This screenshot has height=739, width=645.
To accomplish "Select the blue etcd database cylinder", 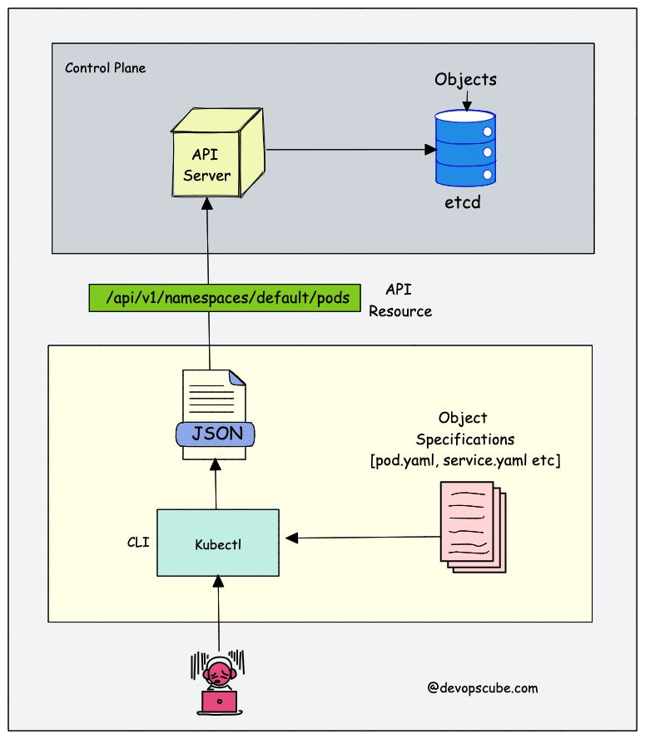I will tap(465, 150).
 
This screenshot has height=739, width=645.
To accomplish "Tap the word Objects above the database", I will tap(465, 80).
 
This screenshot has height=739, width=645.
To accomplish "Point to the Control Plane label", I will tap(105, 67).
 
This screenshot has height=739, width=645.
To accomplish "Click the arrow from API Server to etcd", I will tap(350, 150).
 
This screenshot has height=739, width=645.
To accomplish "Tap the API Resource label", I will tap(400, 300).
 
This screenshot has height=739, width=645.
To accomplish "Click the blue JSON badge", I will tap(216, 434).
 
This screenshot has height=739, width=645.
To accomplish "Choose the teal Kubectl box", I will tap(217, 543).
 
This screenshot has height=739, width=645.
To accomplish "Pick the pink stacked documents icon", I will tap(473, 528).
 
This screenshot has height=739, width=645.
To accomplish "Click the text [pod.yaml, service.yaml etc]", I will tap(465, 460).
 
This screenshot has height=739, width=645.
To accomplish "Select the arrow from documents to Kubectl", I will tap(366, 538).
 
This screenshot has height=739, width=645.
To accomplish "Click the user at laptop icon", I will tap(219, 684).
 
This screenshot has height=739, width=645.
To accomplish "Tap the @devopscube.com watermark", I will tap(482, 687).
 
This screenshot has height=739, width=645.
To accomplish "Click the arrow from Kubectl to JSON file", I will tap(216, 486).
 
